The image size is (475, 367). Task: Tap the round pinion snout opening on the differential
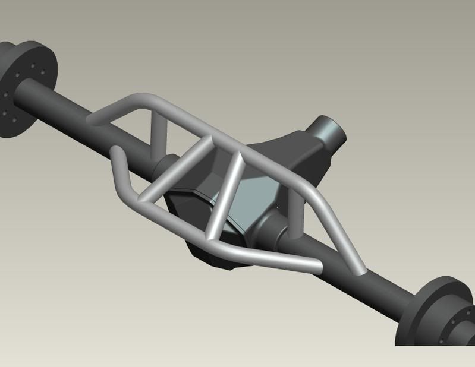(329, 130)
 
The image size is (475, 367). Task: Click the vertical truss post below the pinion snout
(295, 211)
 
